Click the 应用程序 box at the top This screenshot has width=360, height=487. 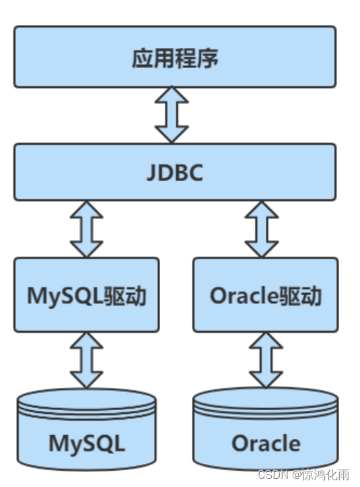coord(174,57)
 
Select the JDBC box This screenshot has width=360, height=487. coord(174,172)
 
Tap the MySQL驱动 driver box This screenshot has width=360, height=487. coord(87,294)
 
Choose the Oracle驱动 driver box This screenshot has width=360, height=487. coord(266,294)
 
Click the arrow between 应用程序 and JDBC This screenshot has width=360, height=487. coord(172,115)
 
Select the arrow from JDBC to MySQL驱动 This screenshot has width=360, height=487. coord(87,229)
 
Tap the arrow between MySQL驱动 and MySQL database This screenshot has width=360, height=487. coord(87,360)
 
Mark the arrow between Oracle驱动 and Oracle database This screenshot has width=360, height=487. coord(266,360)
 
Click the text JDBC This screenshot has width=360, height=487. coord(174,172)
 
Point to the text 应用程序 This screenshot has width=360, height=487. coord(174,58)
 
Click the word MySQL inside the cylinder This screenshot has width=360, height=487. coord(87,444)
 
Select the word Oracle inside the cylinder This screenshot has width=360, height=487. coord(266,444)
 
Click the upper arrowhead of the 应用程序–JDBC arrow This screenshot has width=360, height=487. coord(172,94)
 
